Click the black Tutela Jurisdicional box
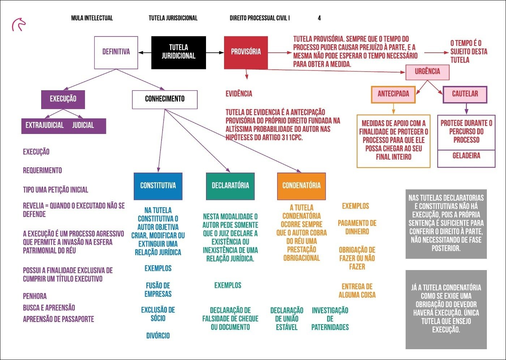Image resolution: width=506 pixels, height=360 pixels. [x=179, y=52]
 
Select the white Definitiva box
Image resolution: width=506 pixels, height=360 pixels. [x=116, y=52]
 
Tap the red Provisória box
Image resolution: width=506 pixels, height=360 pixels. [x=246, y=52]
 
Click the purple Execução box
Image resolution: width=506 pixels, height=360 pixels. [x=63, y=99]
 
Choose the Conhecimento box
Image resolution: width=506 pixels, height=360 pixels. [x=165, y=99]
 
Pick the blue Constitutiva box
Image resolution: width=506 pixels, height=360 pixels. [x=158, y=186]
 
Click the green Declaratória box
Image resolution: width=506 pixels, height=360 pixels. [x=230, y=186]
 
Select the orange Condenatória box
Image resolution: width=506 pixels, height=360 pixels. [x=301, y=186]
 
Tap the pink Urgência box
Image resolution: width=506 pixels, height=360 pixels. [x=427, y=72]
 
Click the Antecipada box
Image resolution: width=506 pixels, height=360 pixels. [x=393, y=94]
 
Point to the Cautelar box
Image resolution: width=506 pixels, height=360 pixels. [x=465, y=94]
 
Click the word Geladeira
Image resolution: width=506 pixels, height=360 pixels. [x=466, y=156]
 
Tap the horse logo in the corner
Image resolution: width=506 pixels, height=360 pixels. [x=19, y=25]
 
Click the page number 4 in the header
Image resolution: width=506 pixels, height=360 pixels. [x=319, y=18]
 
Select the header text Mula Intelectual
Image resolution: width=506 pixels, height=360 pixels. [x=92, y=18]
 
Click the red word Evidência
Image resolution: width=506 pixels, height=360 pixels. [x=239, y=94]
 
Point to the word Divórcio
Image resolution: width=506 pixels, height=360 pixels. [x=158, y=336]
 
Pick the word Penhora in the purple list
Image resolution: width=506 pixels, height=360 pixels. [x=35, y=296]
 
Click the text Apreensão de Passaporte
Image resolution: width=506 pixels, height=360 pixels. [x=59, y=320]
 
